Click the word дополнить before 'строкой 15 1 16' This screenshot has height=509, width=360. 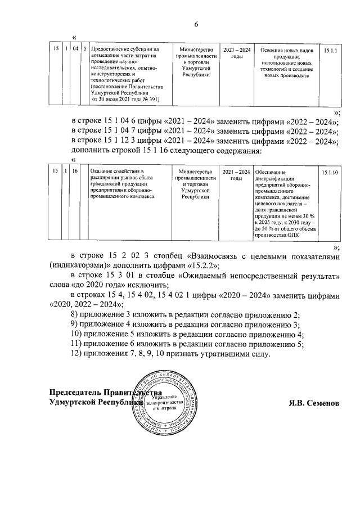point(96,151)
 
